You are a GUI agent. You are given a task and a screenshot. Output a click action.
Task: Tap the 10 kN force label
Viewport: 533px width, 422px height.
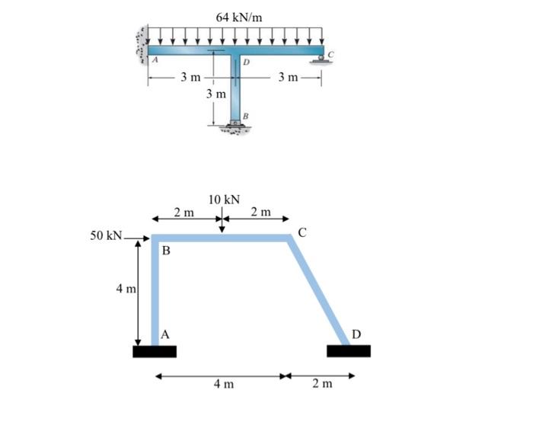tap(223, 200)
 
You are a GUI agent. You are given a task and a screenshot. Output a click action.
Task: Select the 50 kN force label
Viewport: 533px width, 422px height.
tap(106, 235)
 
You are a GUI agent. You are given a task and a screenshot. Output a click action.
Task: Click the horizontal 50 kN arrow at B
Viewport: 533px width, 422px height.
tap(139, 237)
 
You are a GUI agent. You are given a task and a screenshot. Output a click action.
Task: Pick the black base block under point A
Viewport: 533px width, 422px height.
tap(155, 351)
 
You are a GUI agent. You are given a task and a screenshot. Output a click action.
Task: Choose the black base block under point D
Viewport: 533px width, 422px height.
tap(348, 351)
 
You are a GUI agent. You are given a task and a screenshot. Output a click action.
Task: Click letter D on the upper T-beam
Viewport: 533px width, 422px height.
tap(246, 62)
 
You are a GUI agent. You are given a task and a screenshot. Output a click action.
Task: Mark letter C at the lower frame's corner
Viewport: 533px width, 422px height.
tap(302, 232)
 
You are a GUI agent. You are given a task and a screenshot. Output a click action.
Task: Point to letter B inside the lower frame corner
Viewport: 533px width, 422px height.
tap(166, 251)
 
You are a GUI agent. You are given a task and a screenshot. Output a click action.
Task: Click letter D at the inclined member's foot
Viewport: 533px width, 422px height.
tap(356, 333)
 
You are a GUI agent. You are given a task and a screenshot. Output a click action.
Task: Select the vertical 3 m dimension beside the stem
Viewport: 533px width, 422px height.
tap(216, 94)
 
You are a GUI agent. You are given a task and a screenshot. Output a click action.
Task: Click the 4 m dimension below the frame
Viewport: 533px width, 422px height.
tap(223, 384)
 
